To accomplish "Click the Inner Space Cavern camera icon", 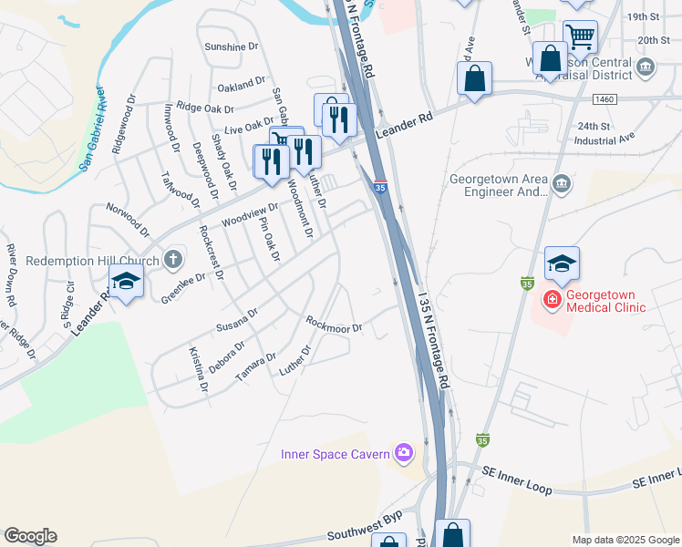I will (x=403, y=452).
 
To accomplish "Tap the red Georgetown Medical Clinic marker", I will (x=552, y=298).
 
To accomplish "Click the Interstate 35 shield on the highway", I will (x=379, y=186).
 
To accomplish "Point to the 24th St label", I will (x=592, y=126).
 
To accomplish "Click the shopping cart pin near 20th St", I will (x=580, y=36).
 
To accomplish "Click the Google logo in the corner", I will (x=30, y=536).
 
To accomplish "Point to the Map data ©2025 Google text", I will (x=625, y=540).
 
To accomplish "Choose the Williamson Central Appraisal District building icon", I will (x=646, y=67).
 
